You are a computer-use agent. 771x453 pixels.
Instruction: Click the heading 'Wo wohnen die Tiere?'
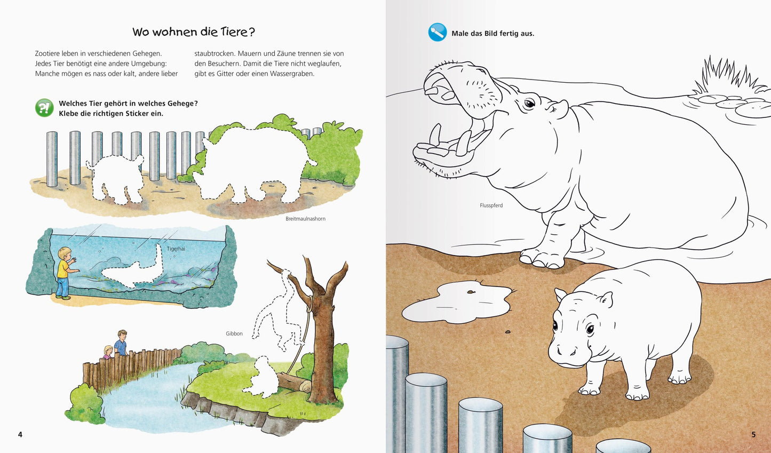click(194, 32)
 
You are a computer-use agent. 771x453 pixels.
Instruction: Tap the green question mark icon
click(44, 108)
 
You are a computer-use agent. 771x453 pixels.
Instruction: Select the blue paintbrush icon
click(438, 33)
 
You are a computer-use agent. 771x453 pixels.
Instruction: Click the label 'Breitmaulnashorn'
click(305, 219)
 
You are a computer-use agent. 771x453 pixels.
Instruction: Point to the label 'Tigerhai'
click(176, 249)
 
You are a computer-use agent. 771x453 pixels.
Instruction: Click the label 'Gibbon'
click(234, 333)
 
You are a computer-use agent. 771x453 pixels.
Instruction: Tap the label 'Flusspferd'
click(491, 205)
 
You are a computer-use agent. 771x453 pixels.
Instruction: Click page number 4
click(20, 434)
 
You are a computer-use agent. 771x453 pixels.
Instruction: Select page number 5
click(753, 434)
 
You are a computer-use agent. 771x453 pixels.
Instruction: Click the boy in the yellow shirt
click(65, 273)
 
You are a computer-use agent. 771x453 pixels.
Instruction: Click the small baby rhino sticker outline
click(117, 178)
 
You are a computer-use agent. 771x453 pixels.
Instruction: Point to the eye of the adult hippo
click(529, 104)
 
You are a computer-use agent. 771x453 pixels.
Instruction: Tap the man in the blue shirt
click(121, 343)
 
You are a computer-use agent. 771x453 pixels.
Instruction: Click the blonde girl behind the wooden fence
click(108, 352)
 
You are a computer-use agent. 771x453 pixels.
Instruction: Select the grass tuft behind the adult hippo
click(726, 76)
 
